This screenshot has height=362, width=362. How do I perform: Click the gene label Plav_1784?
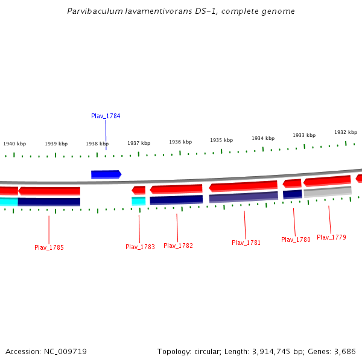point(106,116)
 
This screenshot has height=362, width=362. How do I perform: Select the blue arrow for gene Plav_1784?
point(106,174)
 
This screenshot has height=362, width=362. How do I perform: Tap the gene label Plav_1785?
point(49,247)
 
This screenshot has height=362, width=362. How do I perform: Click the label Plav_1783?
point(140,247)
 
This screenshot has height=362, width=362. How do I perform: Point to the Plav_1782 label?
point(178,246)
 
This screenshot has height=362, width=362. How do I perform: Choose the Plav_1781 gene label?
point(246,243)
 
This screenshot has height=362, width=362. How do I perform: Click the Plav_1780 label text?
point(296,240)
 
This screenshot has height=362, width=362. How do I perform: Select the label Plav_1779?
point(331,237)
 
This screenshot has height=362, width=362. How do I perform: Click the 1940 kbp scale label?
point(14,144)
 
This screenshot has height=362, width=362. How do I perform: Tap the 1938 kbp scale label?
point(97,144)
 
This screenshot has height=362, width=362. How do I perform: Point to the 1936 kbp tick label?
point(180,142)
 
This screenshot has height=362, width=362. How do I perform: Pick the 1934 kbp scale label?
point(263,138)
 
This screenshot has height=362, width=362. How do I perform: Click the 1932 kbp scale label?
point(346,132)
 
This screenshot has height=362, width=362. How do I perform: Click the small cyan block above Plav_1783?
point(139,201)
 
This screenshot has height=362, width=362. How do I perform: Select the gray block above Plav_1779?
point(328,192)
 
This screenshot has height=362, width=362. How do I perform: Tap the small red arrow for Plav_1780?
point(292,183)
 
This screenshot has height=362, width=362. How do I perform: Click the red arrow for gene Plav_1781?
point(243,186)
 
